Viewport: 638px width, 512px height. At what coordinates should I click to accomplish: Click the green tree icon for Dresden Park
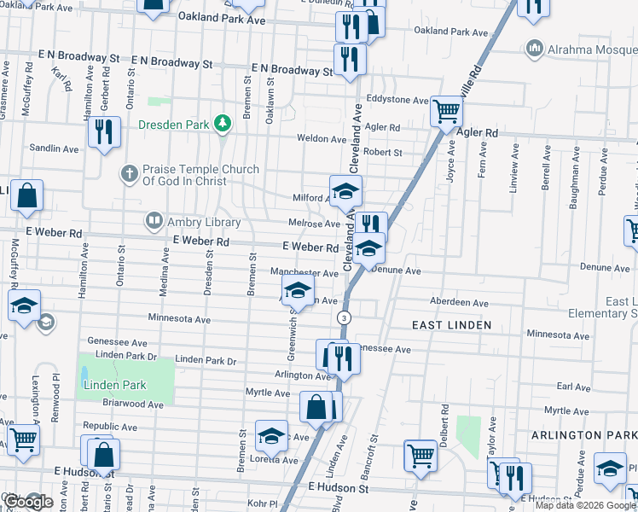tap(222, 125)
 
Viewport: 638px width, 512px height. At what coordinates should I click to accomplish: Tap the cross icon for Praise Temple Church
tap(130, 175)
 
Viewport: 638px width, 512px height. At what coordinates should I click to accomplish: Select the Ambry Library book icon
tap(154, 221)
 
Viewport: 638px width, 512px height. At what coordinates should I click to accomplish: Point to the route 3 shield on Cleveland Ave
tap(344, 317)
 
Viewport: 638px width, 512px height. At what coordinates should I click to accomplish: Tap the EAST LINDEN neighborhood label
tap(451, 325)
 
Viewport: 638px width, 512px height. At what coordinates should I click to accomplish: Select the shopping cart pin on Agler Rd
tap(446, 110)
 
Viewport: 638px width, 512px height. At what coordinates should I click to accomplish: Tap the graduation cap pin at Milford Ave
tap(345, 190)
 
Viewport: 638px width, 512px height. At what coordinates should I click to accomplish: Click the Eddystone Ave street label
tap(397, 100)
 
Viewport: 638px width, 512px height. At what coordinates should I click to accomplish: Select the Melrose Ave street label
tap(315, 224)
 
